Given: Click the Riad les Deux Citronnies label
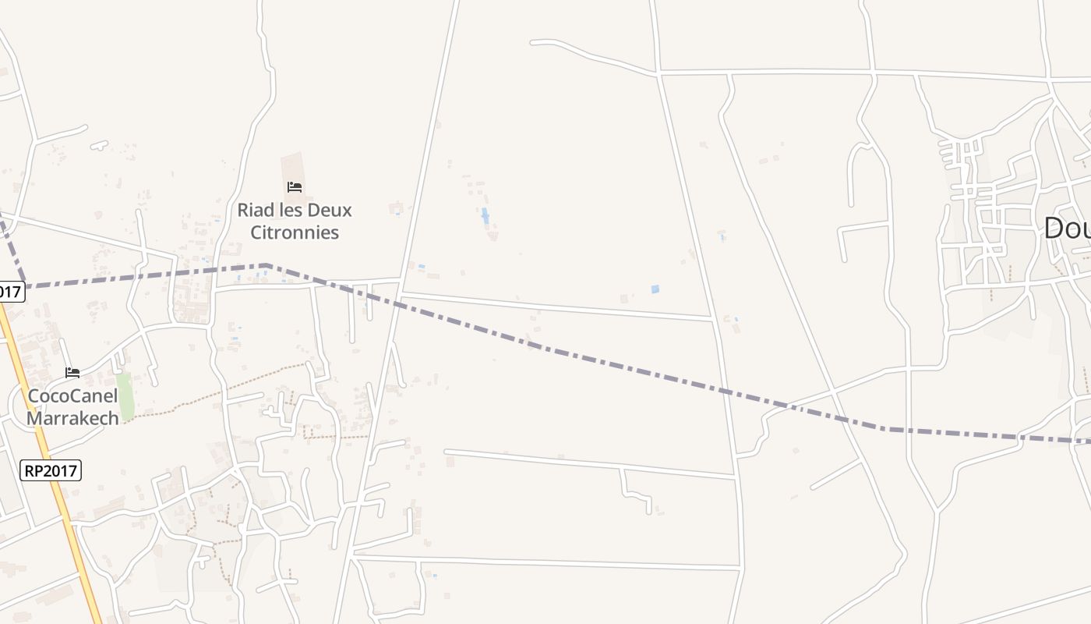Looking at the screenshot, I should [x=295, y=221].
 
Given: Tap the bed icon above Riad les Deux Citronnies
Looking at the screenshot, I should [x=295, y=187].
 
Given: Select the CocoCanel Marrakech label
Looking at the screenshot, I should [x=73, y=406].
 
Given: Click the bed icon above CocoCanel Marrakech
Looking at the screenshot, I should [x=72, y=373].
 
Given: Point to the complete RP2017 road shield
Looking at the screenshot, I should [x=50, y=470].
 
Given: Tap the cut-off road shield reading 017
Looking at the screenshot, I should [x=10, y=292].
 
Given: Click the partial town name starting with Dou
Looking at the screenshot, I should [x=1067, y=229].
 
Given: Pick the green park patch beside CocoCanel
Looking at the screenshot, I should [x=125, y=396].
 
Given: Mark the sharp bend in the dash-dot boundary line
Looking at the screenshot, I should [x=267, y=266].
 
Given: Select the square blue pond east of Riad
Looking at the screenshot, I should [x=655, y=289].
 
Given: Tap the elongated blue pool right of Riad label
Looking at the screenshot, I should [x=485, y=215].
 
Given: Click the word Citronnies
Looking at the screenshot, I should [x=295, y=232].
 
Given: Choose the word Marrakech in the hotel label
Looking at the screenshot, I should [x=73, y=418].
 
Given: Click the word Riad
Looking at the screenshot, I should [x=256, y=210].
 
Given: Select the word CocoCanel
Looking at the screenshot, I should [x=73, y=395].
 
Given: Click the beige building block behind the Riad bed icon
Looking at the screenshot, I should [x=293, y=168].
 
